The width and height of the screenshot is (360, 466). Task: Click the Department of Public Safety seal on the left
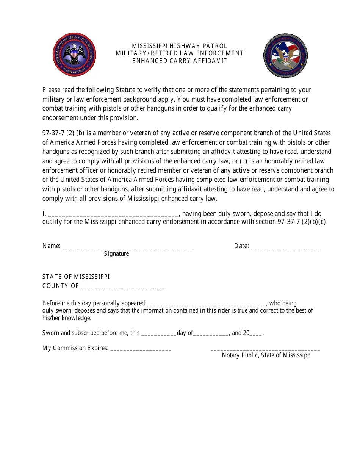(x=74, y=54)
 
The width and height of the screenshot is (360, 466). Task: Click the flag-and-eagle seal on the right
(x=286, y=56)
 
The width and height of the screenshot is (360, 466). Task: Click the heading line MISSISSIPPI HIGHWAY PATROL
(x=180, y=46)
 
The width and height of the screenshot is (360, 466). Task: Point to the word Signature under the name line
(x=116, y=254)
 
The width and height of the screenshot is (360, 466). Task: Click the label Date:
(x=241, y=246)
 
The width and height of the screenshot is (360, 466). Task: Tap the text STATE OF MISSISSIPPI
(x=76, y=277)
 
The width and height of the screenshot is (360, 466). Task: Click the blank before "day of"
(x=159, y=335)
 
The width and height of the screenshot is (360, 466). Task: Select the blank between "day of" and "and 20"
(x=211, y=335)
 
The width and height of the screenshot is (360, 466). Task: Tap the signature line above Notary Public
(x=265, y=350)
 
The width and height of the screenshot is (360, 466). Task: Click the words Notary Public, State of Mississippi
(x=267, y=355)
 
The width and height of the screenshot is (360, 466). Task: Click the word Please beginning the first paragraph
(x=52, y=90)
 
